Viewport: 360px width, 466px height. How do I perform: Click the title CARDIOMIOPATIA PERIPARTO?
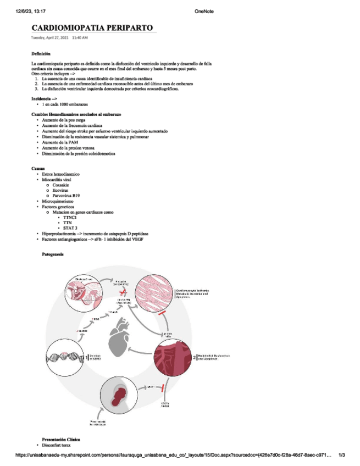pyautogui.click(x=92, y=28)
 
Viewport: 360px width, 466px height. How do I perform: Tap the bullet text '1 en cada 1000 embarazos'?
pyautogui.click(x=65, y=104)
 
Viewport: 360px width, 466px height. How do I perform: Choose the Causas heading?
pyautogui.click(x=38, y=168)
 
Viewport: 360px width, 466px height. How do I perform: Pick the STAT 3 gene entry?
pyautogui.click(x=70, y=228)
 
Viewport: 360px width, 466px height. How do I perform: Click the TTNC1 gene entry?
pyautogui.click(x=70, y=217)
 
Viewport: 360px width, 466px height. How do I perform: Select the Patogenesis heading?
pyautogui.click(x=53, y=254)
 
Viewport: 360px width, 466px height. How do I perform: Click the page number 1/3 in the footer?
pyautogui.click(x=341, y=455)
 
